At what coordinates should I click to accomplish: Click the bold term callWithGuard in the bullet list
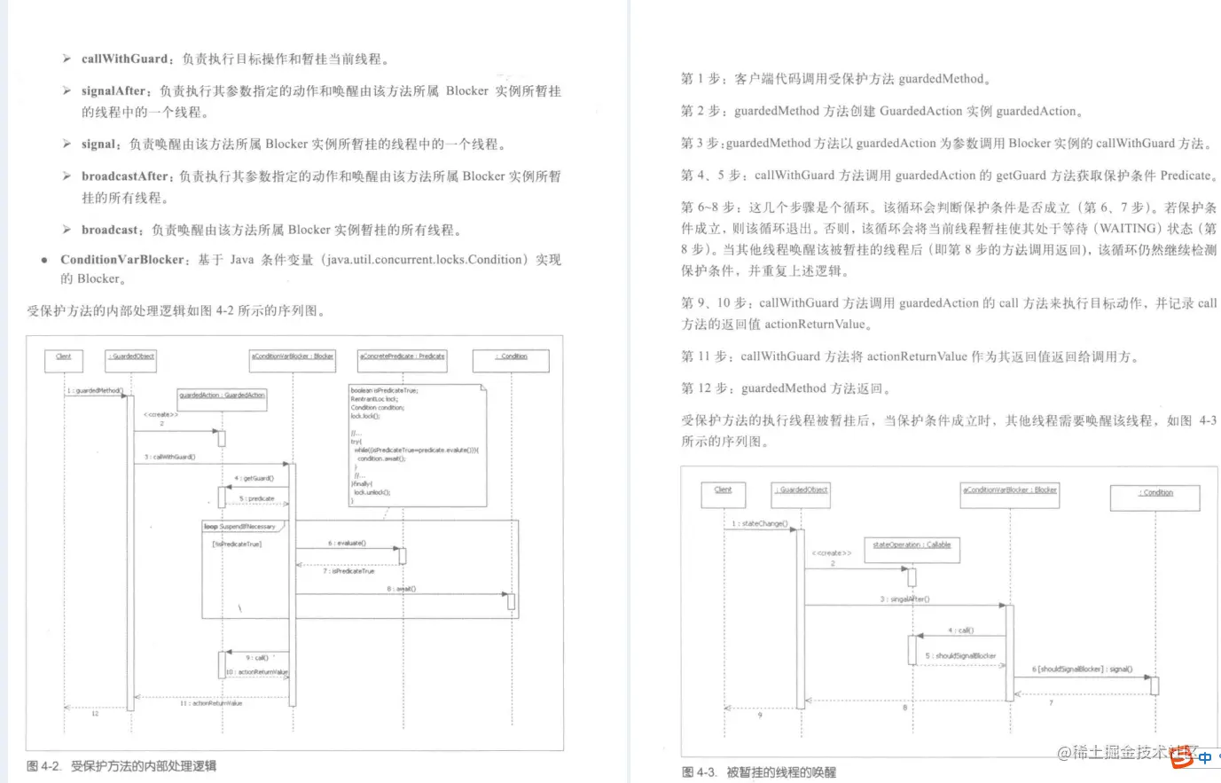tap(124, 59)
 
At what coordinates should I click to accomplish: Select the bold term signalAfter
tap(113, 90)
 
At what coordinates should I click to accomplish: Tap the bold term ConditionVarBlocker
tap(122, 259)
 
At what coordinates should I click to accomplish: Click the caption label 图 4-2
tap(44, 765)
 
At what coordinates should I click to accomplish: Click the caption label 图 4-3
tap(700, 771)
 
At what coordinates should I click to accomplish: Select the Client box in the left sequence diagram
tap(64, 358)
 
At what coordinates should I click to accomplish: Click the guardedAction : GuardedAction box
tap(222, 395)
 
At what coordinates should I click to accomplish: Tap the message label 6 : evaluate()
tap(347, 543)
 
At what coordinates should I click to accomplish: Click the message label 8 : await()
tap(401, 588)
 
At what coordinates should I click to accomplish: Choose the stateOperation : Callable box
tap(911, 547)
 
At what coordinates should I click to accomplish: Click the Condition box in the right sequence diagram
tap(1154, 495)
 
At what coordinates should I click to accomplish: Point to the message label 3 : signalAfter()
tap(904, 599)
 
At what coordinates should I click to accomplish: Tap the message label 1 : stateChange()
tap(759, 524)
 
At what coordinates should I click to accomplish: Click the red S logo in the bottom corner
tap(1181, 758)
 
